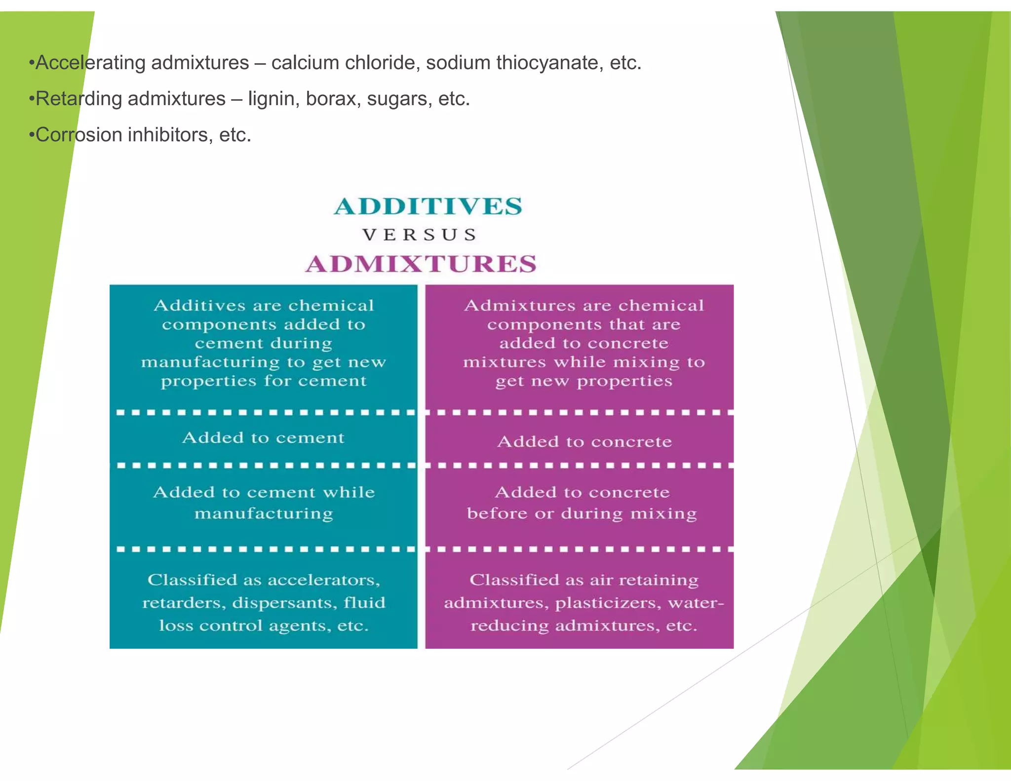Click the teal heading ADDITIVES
click(x=428, y=206)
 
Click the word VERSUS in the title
click(x=420, y=235)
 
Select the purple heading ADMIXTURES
click(x=421, y=264)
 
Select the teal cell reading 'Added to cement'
click(x=263, y=438)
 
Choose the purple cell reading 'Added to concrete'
click(x=584, y=441)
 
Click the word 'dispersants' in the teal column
click(x=275, y=603)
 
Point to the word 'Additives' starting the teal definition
click(x=199, y=306)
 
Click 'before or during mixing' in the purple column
click(x=582, y=514)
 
